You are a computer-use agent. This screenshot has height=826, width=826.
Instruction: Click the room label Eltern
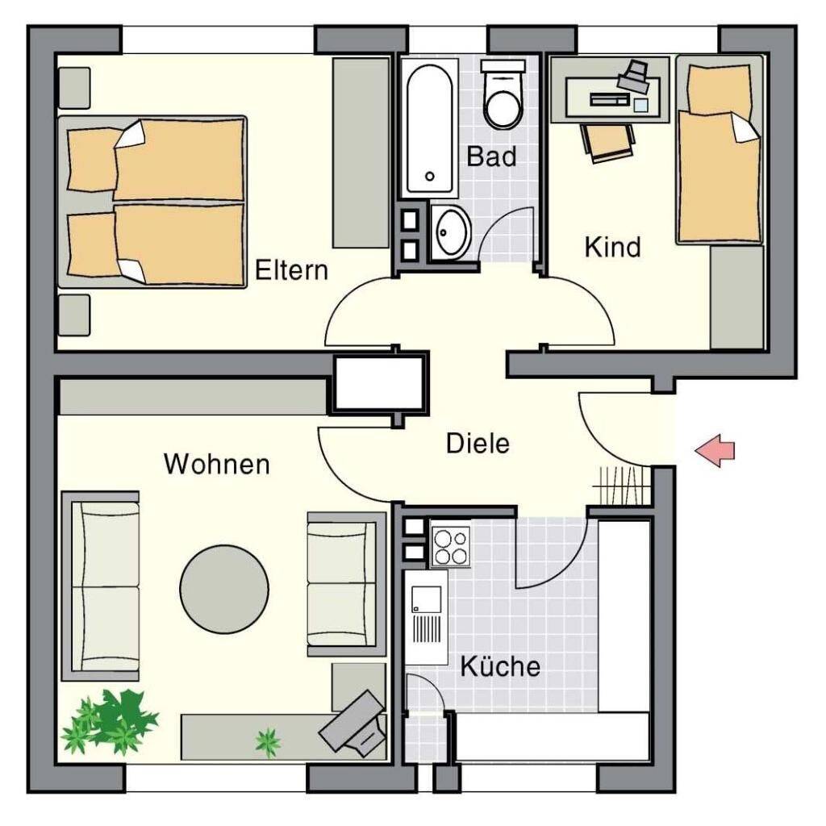(291, 270)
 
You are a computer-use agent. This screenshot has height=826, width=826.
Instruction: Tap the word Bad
(491, 156)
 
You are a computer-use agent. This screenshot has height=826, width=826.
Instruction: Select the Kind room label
(613, 247)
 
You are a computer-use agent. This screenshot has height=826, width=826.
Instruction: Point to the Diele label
(478, 444)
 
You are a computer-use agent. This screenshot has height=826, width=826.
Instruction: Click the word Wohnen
(217, 464)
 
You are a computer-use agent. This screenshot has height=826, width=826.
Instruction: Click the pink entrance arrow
(715, 450)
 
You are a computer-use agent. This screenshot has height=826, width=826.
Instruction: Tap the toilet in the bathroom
(503, 95)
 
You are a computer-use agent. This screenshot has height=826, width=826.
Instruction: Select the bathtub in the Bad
(429, 127)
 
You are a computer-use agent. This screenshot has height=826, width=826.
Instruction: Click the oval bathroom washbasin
(451, 232)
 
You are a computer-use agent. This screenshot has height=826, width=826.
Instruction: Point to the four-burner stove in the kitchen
(450, 546)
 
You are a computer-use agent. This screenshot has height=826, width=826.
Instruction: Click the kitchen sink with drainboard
(427, 616)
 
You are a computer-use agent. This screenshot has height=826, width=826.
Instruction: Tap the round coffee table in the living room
(224, 589)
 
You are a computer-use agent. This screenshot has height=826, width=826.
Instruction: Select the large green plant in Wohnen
(110, 721)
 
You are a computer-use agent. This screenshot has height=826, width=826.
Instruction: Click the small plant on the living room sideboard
(268, 742)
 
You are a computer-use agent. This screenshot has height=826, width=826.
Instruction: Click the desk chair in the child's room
(607, 142)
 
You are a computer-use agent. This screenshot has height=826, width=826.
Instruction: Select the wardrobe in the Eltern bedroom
(361, 152)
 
